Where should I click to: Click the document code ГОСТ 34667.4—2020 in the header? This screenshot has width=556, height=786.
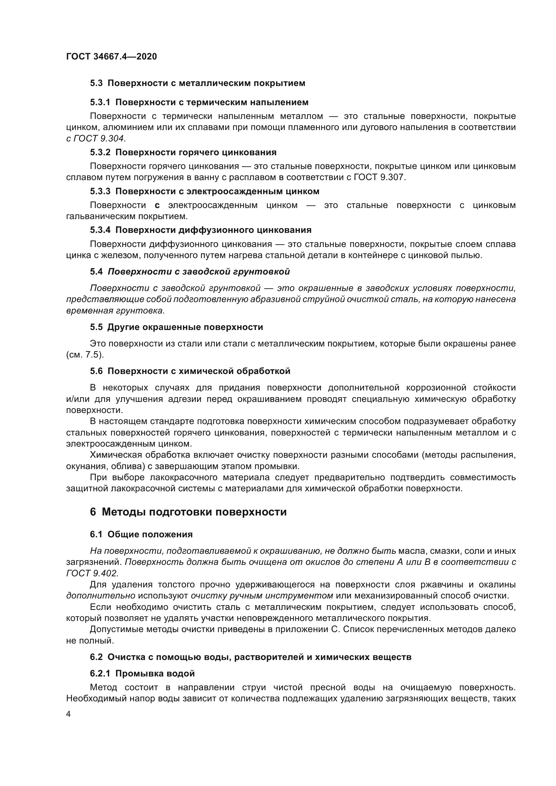[x=111, y=56]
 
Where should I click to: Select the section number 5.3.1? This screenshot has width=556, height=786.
[x=100, y=102]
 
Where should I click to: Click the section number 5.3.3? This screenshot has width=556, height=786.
[x=100, y=191]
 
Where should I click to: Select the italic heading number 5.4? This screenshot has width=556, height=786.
[x=96, y=272]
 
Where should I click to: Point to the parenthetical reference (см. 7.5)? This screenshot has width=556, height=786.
[x=85, y=355]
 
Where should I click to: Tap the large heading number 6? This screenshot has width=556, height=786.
[x=93, y=512]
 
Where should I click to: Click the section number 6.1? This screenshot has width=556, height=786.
[x=96, y=535]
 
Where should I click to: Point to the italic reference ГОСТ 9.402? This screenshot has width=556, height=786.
[x=92, y=573]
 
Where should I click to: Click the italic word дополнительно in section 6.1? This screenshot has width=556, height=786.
[x=101, y=596]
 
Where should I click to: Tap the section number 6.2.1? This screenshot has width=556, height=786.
[x=100, y=674]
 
